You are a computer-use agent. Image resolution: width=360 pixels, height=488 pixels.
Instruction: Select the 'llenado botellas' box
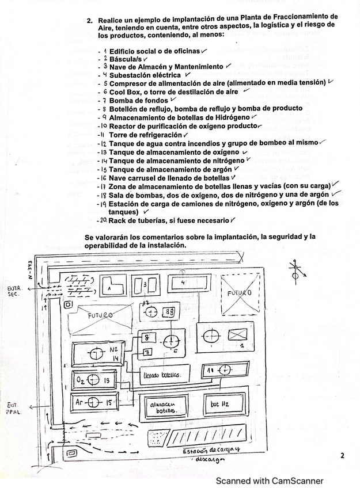coord(164,375)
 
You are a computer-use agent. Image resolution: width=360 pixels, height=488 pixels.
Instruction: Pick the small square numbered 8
coord(146,337)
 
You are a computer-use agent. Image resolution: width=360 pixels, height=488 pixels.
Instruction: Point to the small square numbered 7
coord(146,352)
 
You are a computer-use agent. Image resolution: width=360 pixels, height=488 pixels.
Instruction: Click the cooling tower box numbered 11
coord(225,369)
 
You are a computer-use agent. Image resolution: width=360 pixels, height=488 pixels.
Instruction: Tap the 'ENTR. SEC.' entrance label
coord(14,291)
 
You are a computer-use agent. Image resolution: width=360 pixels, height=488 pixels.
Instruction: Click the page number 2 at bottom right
coord(342,456)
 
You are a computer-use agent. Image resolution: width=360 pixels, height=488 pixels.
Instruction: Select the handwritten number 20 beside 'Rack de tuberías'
coord(103,220)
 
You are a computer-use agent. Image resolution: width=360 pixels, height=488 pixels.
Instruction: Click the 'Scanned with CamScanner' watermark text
coord(270,481)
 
